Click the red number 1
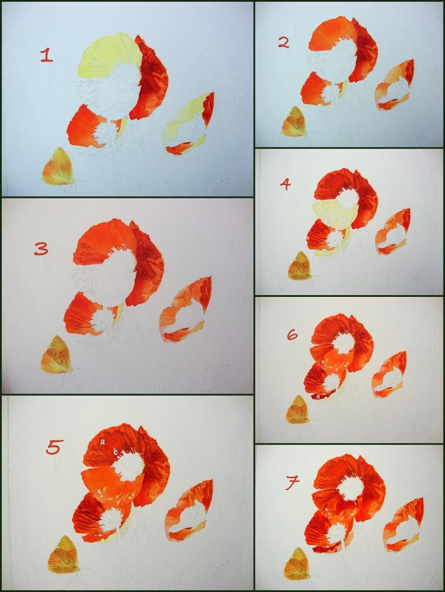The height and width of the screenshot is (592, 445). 46,55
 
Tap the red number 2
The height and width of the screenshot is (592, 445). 284,43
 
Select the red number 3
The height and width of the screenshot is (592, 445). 41,249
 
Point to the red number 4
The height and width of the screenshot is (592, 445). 285,184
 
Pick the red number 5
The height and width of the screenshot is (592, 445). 53,448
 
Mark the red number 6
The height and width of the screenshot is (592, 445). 292,334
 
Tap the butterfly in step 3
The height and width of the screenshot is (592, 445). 56,355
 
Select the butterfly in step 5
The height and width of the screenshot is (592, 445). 64,552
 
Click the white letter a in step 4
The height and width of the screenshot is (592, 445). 307,238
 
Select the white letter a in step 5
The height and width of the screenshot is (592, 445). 102,442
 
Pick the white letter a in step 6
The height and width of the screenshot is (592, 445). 318,396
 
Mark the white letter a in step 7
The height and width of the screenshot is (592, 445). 335,550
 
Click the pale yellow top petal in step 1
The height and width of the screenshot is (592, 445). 107,55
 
